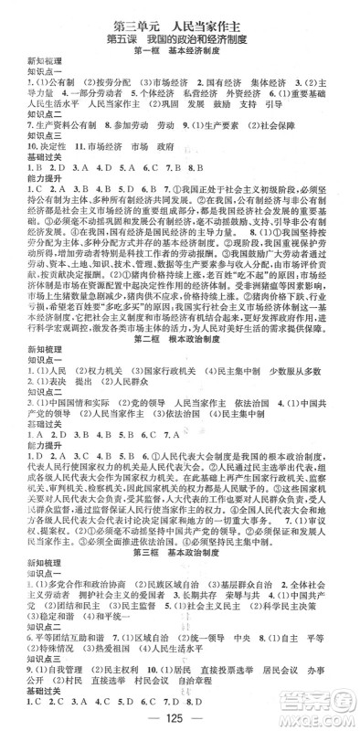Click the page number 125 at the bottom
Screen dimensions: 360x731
pyautogui.click(x=181, y=714)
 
